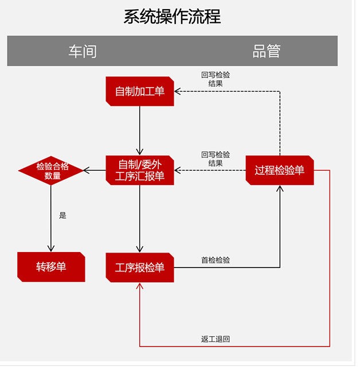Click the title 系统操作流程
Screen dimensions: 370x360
pos(172,16)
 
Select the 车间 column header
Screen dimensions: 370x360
pos(83,51)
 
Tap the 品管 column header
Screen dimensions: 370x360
pos(267,51)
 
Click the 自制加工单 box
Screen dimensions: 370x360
pos(140,91)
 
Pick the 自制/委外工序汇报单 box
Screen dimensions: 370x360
pos(140,170)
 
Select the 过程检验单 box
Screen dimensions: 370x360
pos(280,170)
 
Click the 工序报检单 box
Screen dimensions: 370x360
pos(140,267)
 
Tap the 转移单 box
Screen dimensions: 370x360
pos(51,267)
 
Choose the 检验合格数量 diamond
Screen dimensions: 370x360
pos(52,171)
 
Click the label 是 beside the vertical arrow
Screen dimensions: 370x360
pos(62,216)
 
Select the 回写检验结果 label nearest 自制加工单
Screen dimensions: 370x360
pos(216,78)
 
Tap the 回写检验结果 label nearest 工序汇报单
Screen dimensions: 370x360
pos(216,159)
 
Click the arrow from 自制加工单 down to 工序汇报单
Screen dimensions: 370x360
pos(140,129)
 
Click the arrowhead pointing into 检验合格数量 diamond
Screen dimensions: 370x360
pos(87,170)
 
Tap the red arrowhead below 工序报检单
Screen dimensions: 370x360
pos(140,286)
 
